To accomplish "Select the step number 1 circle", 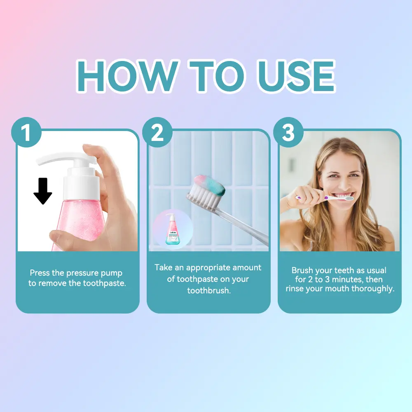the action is (x=26, y=132).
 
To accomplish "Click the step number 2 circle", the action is (x=157, y=132).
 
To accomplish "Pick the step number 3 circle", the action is (x=288, y=132).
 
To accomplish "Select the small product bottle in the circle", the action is (x=172, y=229).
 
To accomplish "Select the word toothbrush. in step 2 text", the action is (x=209, y=290).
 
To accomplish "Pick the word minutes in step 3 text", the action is (x=348, y=279).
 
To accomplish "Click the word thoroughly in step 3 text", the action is (x=373, y=289).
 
